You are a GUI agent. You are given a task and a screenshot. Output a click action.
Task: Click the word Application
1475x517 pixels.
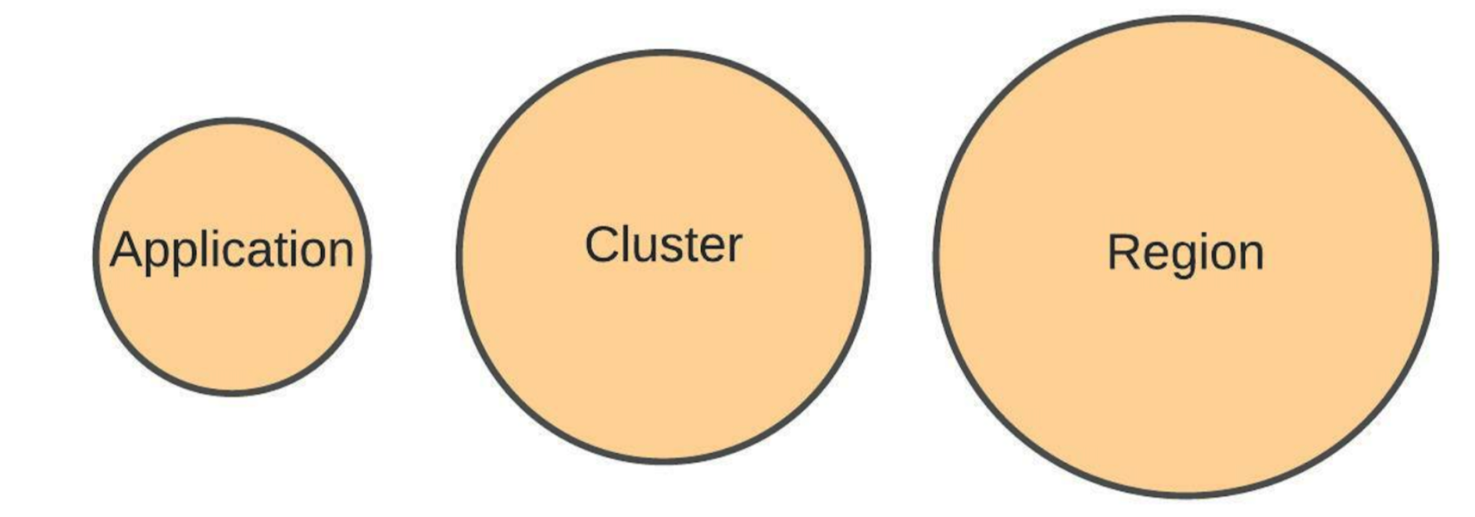pyautogui.click(x=232, y=250)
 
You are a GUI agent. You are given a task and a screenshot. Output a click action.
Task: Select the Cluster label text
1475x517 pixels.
pyautogui.click(x=663, y=245)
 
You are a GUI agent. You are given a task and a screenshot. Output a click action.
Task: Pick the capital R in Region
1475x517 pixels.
pyautogui.click(x=1123, y=252)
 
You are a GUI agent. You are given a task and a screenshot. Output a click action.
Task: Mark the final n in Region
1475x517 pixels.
pyautogui.click(x=1250, y=255)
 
